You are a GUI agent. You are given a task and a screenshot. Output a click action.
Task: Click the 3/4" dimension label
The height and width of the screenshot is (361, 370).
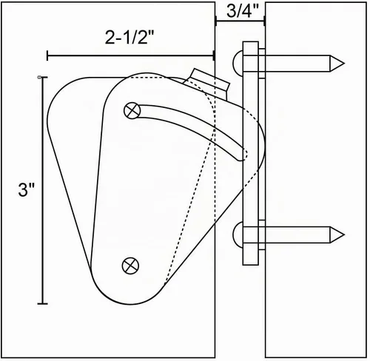[x=243, y=11]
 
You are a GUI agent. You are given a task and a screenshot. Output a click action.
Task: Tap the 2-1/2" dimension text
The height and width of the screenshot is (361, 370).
[x=129, y=38]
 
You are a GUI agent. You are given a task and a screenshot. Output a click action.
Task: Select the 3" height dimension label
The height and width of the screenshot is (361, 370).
[x=26, y=190]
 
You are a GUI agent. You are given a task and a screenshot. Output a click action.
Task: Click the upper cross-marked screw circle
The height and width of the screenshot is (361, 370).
[x=132, y=111]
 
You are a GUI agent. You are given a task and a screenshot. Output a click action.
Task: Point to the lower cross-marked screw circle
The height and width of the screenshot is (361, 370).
[x=130, y=266]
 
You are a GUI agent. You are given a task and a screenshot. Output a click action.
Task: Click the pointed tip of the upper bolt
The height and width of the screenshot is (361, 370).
[x=343, y=64]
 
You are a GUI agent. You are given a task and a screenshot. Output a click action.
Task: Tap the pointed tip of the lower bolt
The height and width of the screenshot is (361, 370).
[x=343, y=235]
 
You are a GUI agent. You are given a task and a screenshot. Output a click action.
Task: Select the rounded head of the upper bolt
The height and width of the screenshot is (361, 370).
[x=238, y=63]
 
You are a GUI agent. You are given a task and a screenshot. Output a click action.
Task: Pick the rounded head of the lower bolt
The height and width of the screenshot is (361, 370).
[x=238, y=235]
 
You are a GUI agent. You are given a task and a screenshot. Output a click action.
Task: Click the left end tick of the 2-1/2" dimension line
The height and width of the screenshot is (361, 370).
[x=47, y=55]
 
